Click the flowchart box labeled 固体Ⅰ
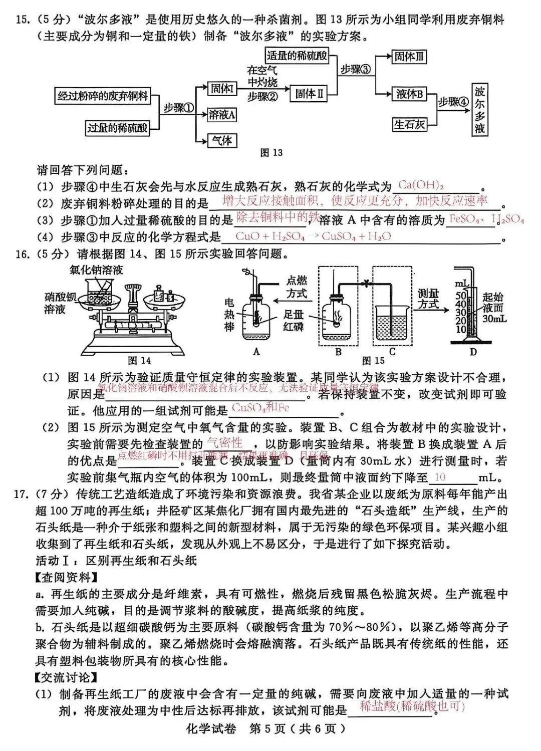(x=222, y=89)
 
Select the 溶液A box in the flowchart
(x=222, y=115)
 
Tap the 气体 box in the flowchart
(x=222, y=141)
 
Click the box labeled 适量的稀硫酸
(x=297, y=56)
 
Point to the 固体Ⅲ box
(x=409, y=57)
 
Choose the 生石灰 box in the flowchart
(x=409, y=124)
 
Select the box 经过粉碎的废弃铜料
(x=103, y=96)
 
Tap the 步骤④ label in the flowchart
(x=454, y=102)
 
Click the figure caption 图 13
(x=272, y=153)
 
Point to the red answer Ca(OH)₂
(x=421, y=185)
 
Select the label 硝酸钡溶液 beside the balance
(x=61, y=303)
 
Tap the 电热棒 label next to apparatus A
(x=229, y=315)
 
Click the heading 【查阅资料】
(x=66, y=578)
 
